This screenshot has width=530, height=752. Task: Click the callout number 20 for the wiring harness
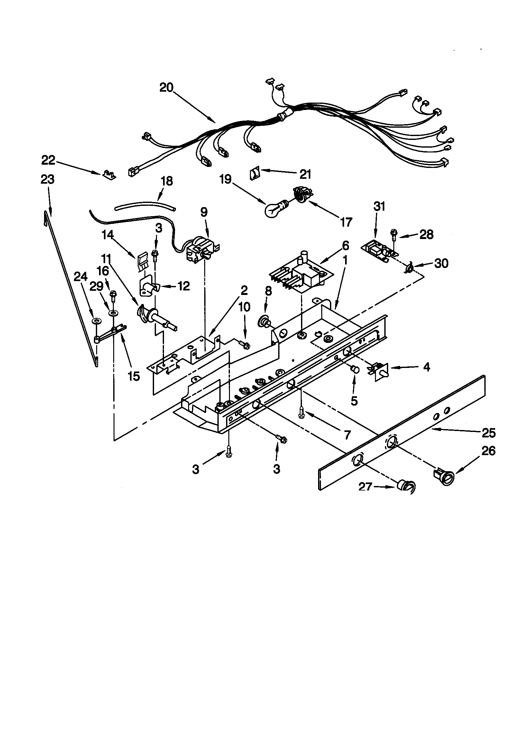coord(166,87)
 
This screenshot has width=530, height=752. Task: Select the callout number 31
coord(379,207)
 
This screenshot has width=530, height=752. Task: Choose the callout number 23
coord(48,179)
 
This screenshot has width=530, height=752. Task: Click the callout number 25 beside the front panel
coord(489,433)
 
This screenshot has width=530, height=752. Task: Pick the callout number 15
coord(134,376)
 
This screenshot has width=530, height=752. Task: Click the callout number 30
coord(441,263)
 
